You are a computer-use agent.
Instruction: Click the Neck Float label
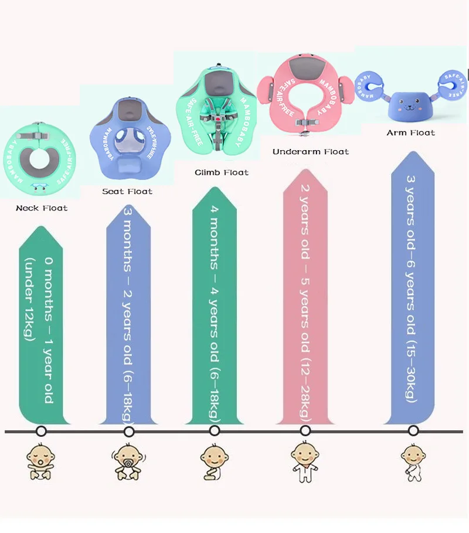click(x=42, y=208)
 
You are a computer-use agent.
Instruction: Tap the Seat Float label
click(x=127, y=192)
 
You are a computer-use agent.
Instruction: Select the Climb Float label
click(x=222, y=172)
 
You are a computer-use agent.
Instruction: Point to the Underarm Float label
click(x=311, y=152)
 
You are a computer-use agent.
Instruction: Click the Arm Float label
click(x=410, y=133)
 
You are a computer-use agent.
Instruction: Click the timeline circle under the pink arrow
click(x=305, y=431)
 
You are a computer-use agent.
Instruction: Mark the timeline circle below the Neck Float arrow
click(x=41, y=431)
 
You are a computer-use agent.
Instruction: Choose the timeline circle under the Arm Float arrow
click(x=413, y=431)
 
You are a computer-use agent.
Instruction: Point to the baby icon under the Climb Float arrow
click(x=214, y=461)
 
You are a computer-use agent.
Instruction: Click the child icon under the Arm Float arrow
click(x=413, y=461)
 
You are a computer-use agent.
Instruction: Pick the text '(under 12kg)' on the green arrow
click(x=29, y=299)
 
